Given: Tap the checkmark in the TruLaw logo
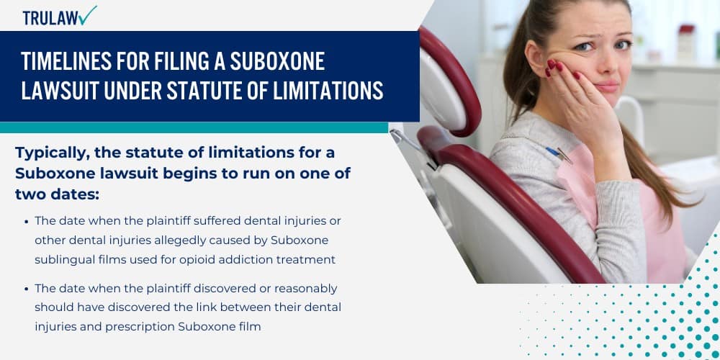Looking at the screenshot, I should click(x=89, y=15).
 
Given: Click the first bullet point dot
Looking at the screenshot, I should click(x=27, y=221).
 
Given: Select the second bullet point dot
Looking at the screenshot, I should click(x=27, y=289).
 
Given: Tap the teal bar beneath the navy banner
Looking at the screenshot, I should click(x=194, y=127).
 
